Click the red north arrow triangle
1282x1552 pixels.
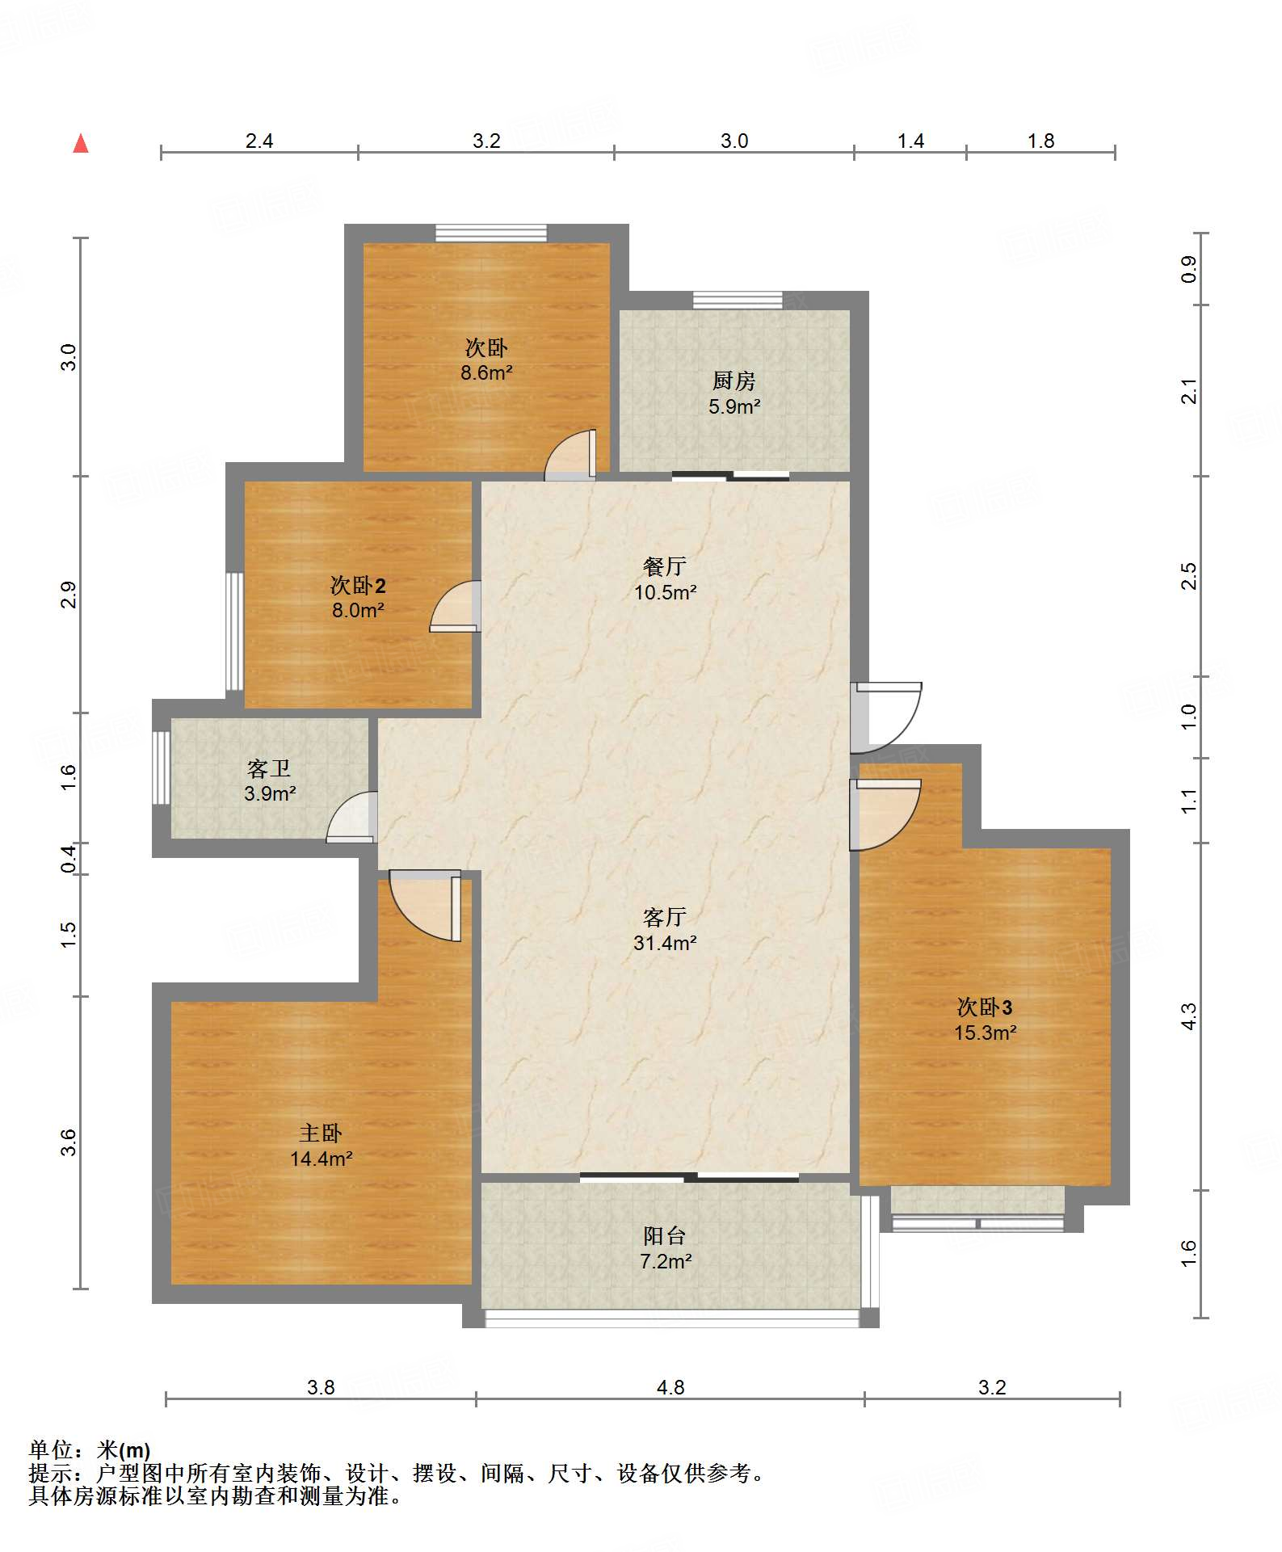click(81, 144)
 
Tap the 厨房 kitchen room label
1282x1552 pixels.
click(733, 380)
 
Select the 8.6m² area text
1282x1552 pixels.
click(486, 372)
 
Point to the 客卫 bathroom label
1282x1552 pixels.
click(269, 768)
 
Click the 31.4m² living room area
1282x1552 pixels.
click(665, 943)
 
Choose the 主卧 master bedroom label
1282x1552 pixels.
click(321, 1134)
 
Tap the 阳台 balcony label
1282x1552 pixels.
click(665, 1235)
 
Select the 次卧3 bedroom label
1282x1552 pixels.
click(985, 1007)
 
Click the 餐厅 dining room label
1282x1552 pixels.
click(665, 566)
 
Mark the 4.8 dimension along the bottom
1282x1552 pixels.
click(670, 1387)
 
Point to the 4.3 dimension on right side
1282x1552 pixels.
click(1188, 1016)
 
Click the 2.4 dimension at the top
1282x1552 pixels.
click(259, 141)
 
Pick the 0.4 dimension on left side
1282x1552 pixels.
click(69, 858)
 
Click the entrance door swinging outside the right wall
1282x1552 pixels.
click(886, 717)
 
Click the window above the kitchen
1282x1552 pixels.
click(738, 300)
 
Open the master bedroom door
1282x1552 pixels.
click(425, 906)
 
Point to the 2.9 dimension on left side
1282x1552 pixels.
click(69, 595)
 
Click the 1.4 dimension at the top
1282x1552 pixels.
click(910, 141)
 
